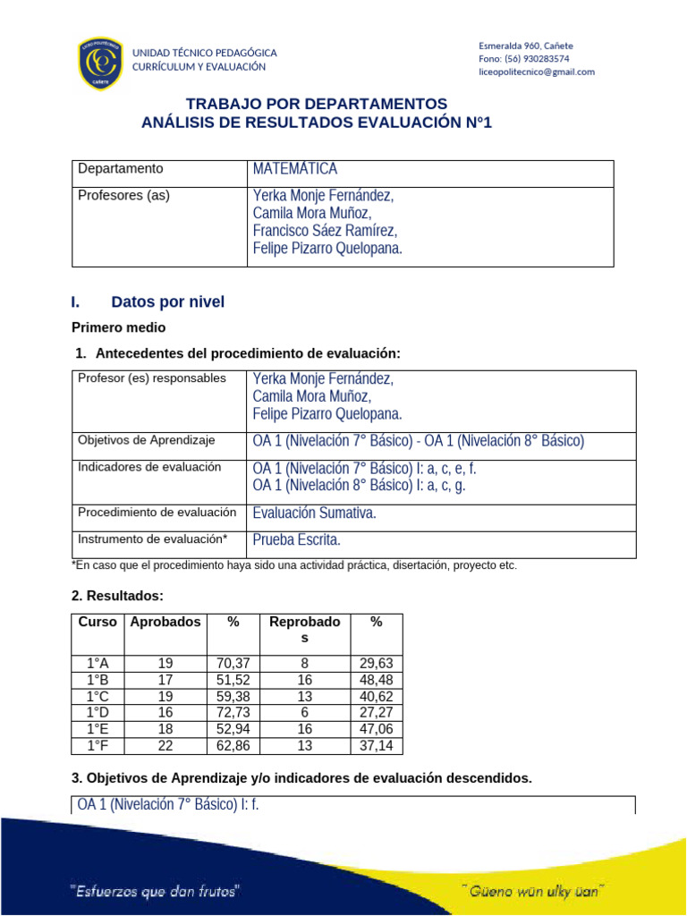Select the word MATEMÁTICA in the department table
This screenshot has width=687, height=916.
(295, 169)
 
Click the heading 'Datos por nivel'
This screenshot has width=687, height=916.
(167, 302)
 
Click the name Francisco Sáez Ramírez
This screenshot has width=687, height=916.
(325, 231)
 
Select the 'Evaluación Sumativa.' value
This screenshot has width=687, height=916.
(315, 513)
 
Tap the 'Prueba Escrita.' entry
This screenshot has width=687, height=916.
(297, 540)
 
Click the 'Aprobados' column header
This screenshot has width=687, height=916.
(165, 622)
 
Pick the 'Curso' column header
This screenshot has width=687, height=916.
(97, 622)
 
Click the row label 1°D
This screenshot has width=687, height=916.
(98, 712)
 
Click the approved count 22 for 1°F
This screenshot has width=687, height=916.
(165, 745)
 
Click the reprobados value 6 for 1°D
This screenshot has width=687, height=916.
(304, 712)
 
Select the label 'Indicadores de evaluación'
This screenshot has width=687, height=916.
(149, 466)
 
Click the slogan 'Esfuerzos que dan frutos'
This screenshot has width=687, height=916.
(155, 891)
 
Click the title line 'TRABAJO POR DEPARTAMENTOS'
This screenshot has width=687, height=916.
(316, 104)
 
